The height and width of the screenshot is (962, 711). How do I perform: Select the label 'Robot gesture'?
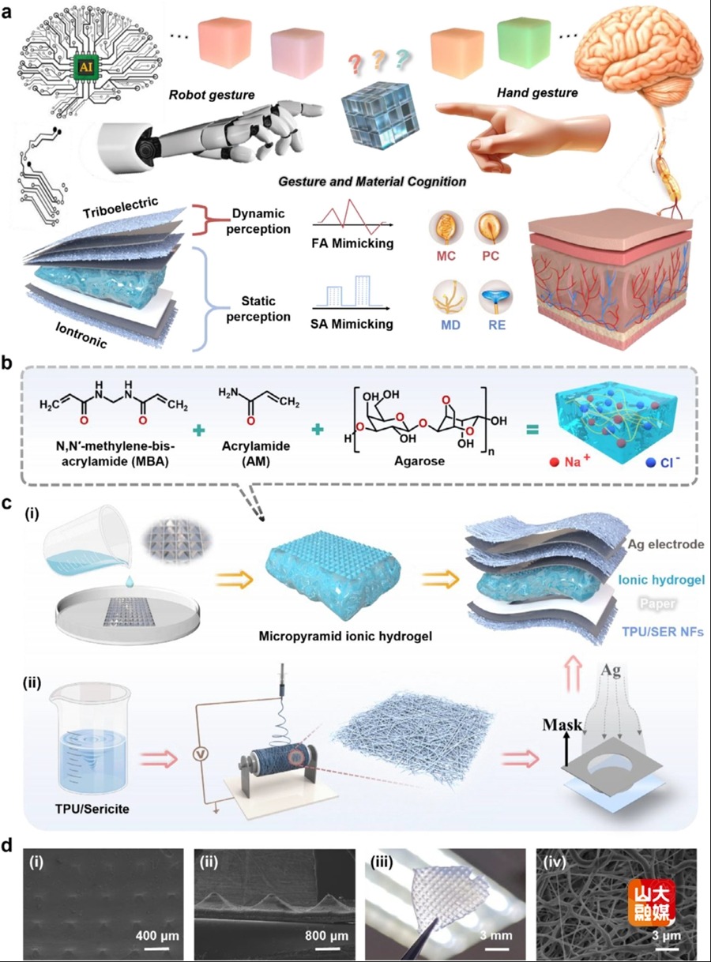pyautogui.click(x=211, y=96)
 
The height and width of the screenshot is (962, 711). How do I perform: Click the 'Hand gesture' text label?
pyautogui.click(x=536, y=92)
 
